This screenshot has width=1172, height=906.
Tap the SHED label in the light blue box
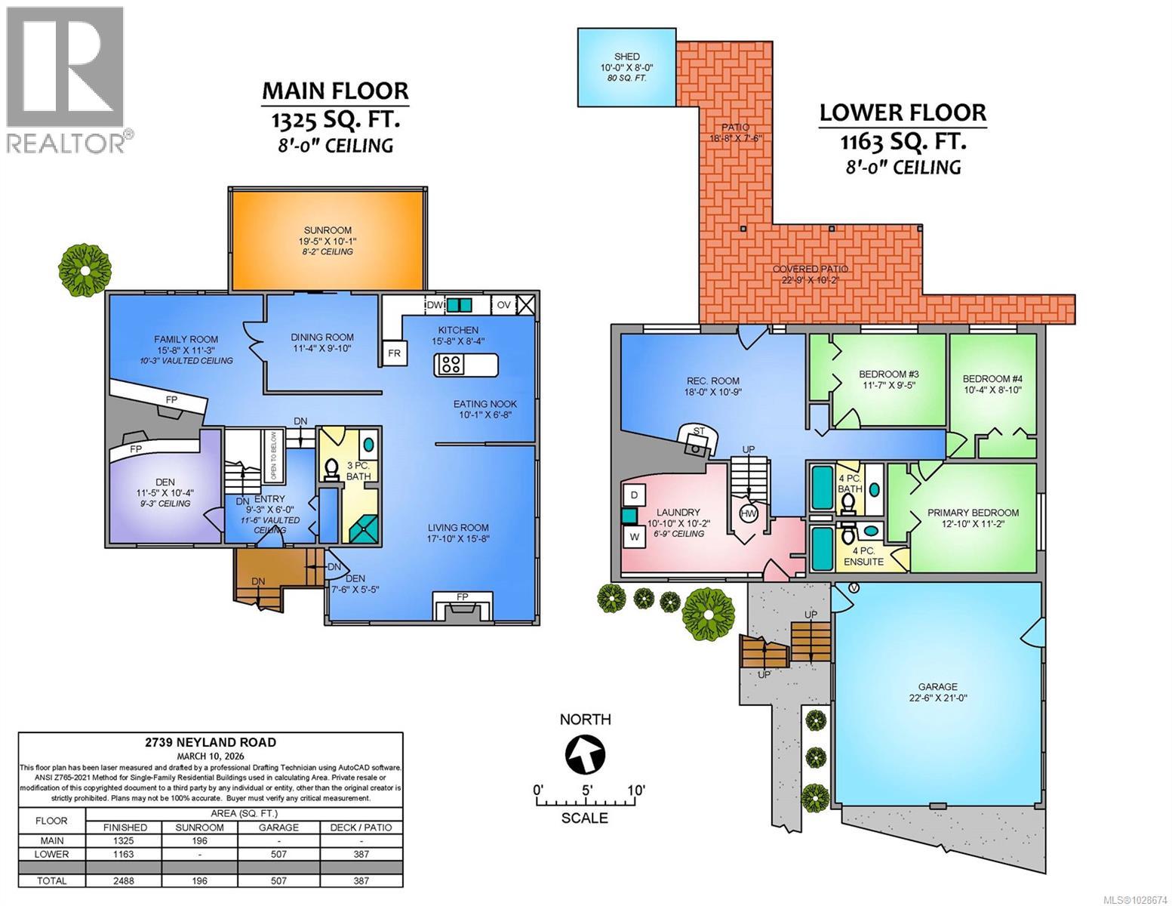pyautogui.click(x=626, y=57)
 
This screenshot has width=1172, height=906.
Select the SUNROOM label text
pyautogui.click(x=328, y=230)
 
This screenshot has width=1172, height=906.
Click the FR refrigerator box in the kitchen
pyautogui.click(x=394, y=353)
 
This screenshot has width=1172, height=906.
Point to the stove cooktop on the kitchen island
pyautogui.click(x=452, y=365)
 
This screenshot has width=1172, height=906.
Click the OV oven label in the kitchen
pyautogui.click(x=503, y=305)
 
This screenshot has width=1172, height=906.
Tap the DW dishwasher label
pyautogui.click(x=434, y=305)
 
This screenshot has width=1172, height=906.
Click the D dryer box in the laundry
pyautogui.click(x=635, y=495)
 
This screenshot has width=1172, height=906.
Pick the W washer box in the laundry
pyautogui.click(x=635, y=537)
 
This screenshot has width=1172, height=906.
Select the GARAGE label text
pyautogui.click(x=937, y=687)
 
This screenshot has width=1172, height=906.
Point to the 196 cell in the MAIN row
pyautogui.click(x=199, y=840)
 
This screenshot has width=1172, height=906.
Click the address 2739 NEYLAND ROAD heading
pyautogui.click(x=210, y=742)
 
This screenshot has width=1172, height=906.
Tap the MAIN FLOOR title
pyautogui.click(x=335, y=91)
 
